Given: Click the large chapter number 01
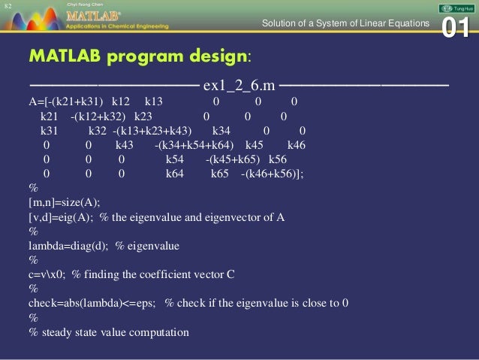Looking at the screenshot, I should pyautogui.click(x=456, y=27).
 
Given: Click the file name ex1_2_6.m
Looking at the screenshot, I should pyautogui.click(x=241, y=81).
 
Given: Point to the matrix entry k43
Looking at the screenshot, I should pyautogui.click(x=125, y=144).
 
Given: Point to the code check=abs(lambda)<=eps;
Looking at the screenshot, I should pyautogui.click(x=93, y=303).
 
